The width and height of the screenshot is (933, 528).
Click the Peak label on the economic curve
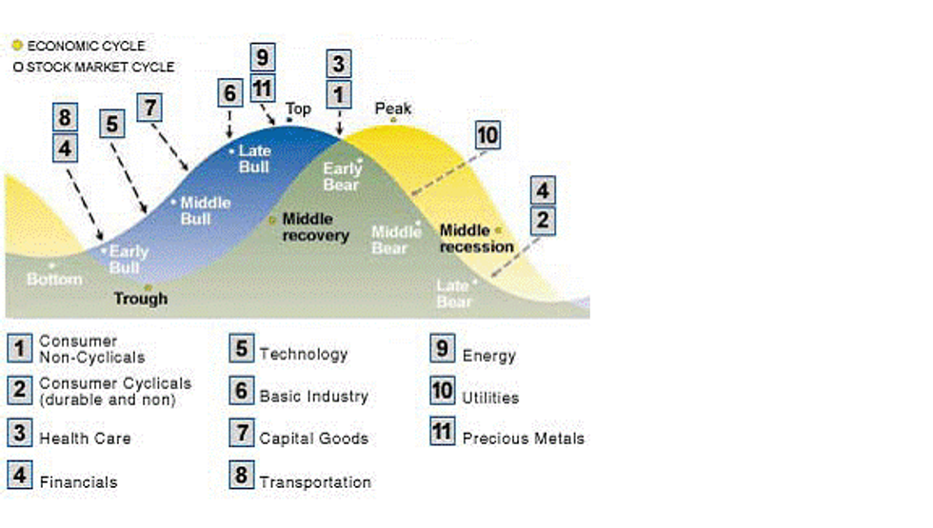coord(393,108)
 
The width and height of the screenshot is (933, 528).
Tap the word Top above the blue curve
coord(299,108)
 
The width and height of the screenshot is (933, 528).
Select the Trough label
coord(140,299)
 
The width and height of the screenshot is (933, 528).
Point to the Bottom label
coord(54,280)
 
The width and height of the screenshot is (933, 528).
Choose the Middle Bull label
coord(206,210)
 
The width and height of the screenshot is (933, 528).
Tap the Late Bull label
coord(254,159)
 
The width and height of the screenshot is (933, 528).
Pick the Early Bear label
coord(342,177)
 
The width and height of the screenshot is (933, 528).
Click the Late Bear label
coord(453,293)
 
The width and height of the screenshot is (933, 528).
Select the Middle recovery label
coord(316,227)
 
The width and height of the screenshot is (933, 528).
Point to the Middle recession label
coord(476,238)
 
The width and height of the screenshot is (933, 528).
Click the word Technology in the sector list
coord(304,354)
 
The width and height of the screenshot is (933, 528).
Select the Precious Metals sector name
coord(523,439)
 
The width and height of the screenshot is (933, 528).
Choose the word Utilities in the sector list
coord(490,398)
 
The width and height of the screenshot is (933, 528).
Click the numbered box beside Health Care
coord(19,434)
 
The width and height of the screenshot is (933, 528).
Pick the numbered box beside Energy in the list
coord(442,349)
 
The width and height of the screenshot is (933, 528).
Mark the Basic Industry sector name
coord(313,396)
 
